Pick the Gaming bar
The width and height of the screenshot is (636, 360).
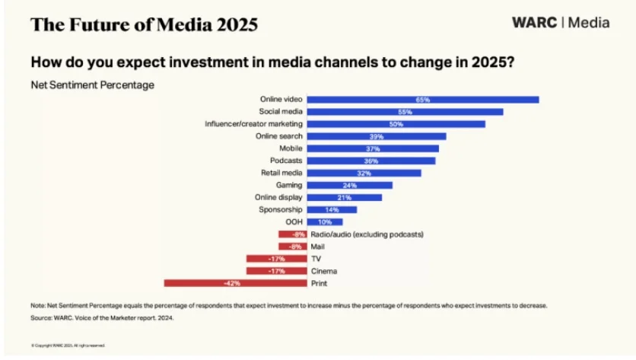[x=350, y=185]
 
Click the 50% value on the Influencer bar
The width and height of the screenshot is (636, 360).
[x=396, y=124]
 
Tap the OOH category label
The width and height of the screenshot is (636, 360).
[x=294, y=221]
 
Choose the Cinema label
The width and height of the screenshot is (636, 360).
[x=323, y=271]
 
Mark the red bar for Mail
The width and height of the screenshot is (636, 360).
[x=294, y=247]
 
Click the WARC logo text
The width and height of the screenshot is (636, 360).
[x=535, y=23]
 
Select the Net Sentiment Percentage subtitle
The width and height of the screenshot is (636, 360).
[x=92, y=85]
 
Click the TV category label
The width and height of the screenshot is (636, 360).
[x=316, y=259]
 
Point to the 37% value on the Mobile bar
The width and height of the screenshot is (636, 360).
[x=373, y=148]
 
